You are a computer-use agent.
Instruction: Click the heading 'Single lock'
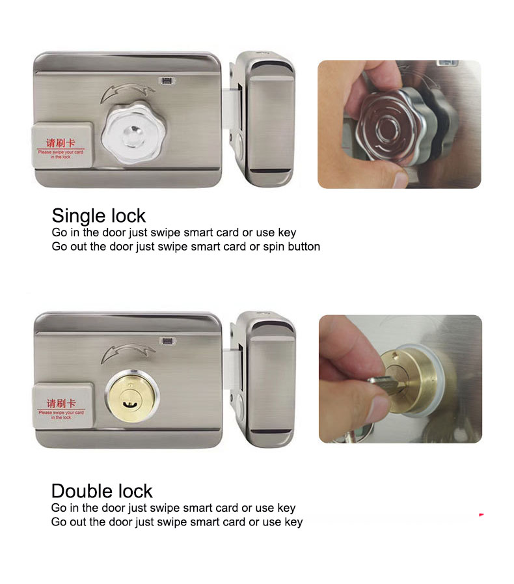click(98, 216)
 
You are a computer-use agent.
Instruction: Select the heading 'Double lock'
click(101, 491)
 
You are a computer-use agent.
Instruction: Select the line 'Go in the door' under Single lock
click(174, 232)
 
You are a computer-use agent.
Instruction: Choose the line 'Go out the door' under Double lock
click(176, 521)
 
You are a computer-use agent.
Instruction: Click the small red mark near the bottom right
click(481, 515)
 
